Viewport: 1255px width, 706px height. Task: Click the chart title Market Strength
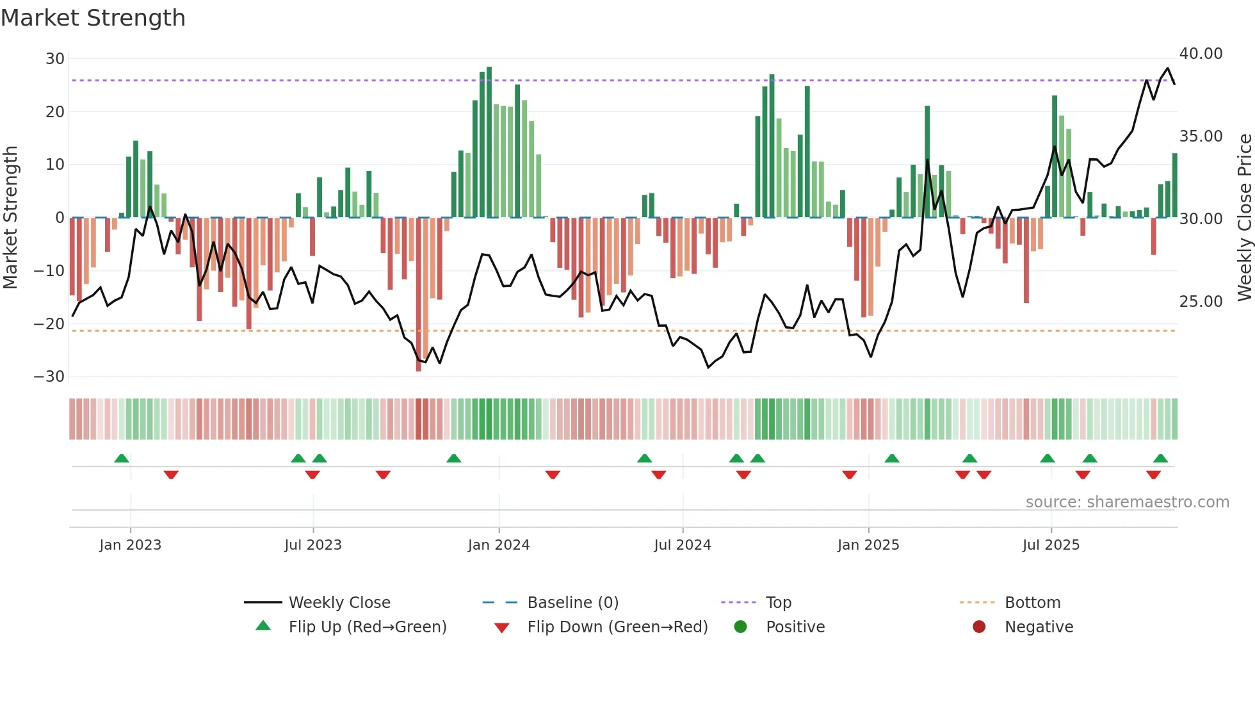[93, 18]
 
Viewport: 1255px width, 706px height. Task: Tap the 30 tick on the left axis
[55, 59]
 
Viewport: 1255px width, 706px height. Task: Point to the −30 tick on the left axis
[49, 377]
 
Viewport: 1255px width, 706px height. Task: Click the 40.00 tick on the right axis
[1201, 54]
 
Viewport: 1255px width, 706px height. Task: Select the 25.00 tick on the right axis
[1201, 302]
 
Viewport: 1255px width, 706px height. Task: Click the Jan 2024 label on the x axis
[499, 545]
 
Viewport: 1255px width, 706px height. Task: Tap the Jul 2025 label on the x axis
[1051, 545]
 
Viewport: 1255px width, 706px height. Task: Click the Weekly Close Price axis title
[1244, 218]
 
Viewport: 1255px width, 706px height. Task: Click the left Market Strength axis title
[11, 218]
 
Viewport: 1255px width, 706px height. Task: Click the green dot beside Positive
[741, 627]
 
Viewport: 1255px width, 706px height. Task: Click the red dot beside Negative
[979, 627]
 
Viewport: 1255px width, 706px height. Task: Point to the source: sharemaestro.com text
[1127, 502]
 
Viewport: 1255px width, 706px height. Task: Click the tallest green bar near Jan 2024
[489, 141]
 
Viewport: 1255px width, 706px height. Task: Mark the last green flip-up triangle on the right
[1160, 458]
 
